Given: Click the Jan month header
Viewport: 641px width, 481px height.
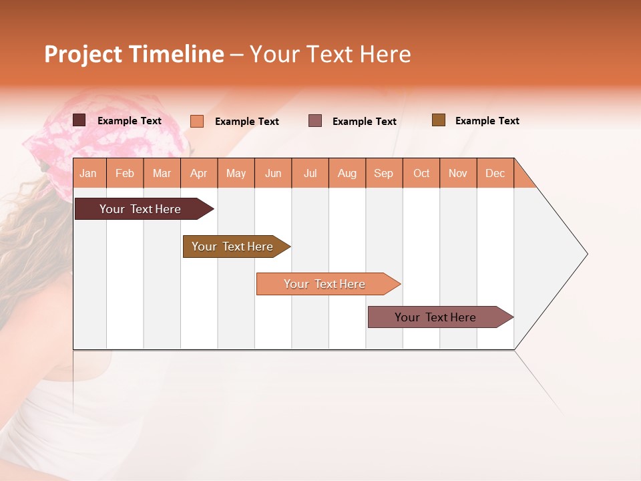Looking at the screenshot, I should coord(89,173).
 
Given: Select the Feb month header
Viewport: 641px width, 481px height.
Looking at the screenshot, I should coord(125,173).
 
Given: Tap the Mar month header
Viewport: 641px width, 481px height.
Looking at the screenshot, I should coord(162,173).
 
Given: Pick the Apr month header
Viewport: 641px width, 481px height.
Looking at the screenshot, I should coord(199,173).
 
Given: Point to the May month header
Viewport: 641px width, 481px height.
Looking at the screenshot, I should coord(236,173).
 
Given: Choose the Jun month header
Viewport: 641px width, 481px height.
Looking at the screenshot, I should coord(273,173).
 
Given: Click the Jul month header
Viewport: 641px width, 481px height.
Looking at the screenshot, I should coord(310,173).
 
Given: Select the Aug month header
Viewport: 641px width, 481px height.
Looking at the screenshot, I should coord(347,173).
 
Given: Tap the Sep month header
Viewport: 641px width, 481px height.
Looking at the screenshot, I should coord(384,173).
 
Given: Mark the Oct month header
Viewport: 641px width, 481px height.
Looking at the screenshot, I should coord(421,173).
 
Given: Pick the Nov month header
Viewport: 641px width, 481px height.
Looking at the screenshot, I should coord(458,173).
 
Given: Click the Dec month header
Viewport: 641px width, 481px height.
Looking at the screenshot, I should coord(495,173).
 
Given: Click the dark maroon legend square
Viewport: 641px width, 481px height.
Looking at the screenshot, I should coord(79,120).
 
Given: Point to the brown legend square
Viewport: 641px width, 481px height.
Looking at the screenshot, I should coord(438,120).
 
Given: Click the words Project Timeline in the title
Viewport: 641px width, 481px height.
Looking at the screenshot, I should coord(134,54).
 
